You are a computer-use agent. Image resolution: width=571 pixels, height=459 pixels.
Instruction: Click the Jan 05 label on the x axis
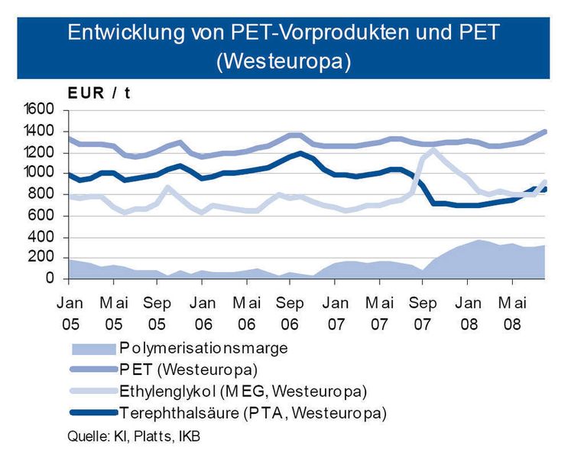(70, 312)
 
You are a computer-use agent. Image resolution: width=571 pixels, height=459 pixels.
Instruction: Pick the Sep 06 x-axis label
(290, 312)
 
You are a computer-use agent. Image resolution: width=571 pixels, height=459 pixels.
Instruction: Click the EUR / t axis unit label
(99, 93)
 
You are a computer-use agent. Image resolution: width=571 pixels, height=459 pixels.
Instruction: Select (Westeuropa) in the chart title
(284, 61)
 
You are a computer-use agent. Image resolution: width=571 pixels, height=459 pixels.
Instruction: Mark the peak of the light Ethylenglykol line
(433, 150)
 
